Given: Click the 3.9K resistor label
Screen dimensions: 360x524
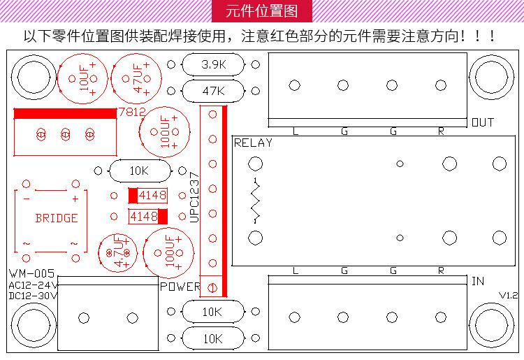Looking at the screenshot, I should pos(213,65).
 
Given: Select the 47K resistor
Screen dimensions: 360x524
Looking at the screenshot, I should pos(213,91).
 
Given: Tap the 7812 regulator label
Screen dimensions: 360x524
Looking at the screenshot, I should pos(131,112).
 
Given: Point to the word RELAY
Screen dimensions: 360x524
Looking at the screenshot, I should pos(253,143).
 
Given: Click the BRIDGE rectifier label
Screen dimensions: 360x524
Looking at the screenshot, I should pos(57,218).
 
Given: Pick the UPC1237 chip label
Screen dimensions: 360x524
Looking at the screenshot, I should pos(195,198).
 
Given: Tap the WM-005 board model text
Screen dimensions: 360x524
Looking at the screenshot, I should pos(32,273).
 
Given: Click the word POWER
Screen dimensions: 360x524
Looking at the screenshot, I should pos(180,287).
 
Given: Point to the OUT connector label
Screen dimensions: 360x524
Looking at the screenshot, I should pos(483,122).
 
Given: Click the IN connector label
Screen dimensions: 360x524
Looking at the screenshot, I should pos(478,282).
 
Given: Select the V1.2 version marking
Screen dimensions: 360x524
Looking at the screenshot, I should pos(509,296).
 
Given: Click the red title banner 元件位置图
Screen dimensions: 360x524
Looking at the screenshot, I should pos(261,12).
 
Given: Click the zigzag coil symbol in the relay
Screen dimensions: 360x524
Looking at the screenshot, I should pos(256,200).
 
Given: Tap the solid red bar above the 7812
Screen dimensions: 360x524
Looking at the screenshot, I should pos(64,113).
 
